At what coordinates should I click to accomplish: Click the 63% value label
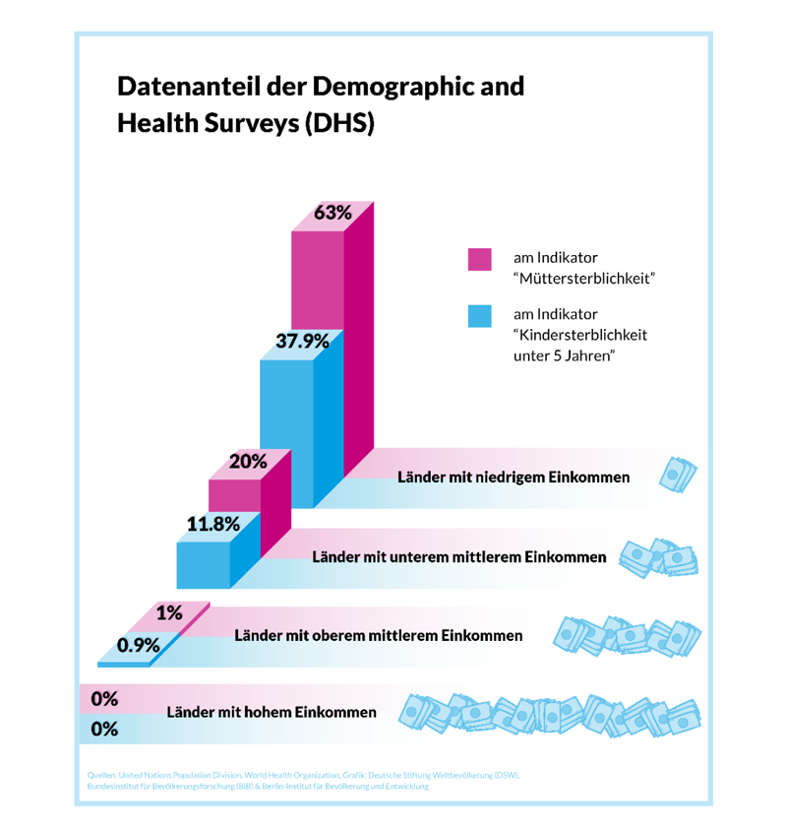pyautogui.click(x=332, y=214)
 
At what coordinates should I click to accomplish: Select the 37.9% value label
pyautogui.click(x=302, y=342)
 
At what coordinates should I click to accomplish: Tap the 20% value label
pyautogui.click(x=248, y=462)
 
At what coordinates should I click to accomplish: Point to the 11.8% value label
pyautogui.click(x=213, y=524)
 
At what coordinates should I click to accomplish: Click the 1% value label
pyautogui.click(x=169, y=612)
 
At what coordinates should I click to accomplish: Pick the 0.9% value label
pyautogui.click(x=139, y=646)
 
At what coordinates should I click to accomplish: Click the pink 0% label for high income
pyautogui.click(x=104, y=699)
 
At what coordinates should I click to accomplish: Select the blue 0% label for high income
pyautogui.click(x=104, y=730)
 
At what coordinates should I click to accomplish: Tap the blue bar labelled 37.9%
pyautogui.click(x=286, y=433)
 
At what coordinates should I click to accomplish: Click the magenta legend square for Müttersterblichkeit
pyautogui.click(x=479, y=259)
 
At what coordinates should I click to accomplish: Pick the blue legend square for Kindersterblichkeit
pyautogui.click(x=479, y=316)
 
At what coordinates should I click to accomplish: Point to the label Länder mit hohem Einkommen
pyautogui.click(x=272, y=712)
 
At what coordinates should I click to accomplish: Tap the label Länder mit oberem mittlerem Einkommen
pyautogui.click(x=379, y=635)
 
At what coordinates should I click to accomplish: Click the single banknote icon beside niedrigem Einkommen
pyautogui.click(x=678, y=475)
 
